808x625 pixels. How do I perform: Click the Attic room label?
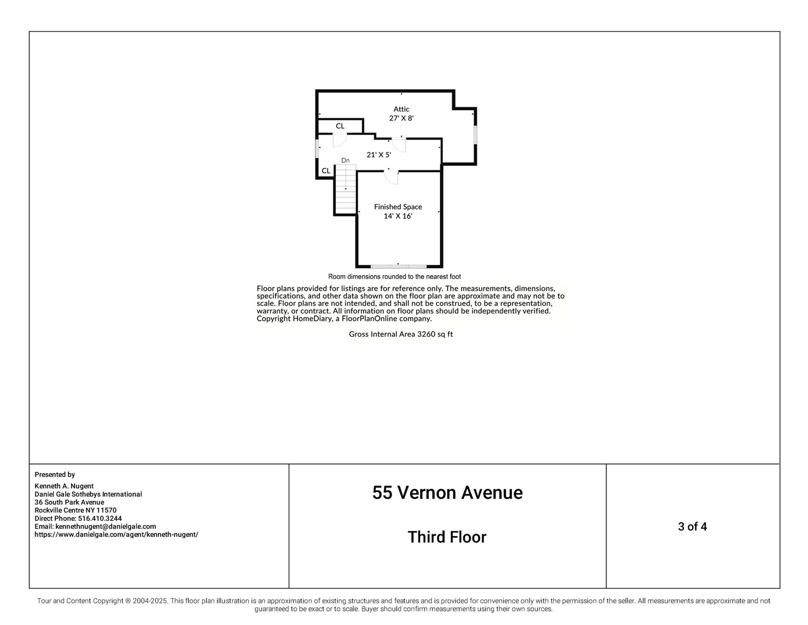(401, 109)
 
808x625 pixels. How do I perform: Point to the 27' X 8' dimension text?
(401, 118)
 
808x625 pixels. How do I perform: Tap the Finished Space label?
(398, 207)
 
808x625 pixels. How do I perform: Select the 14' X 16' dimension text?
(398, 216)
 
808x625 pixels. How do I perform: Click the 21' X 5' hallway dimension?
(379, 155)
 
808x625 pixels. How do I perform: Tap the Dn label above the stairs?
(345, 160)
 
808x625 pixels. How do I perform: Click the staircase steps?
(346, 189)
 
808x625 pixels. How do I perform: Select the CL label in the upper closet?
(340, 126)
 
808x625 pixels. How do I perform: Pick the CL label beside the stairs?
(326, 171)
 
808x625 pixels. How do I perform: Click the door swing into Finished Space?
(391, 178)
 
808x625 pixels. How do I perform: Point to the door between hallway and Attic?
(399, 145)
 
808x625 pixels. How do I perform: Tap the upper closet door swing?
(340, 140)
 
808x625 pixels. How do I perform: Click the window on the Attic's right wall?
(475, 135)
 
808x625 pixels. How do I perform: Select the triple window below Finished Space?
(398, 267)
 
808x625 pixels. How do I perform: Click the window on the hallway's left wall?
(317, 149)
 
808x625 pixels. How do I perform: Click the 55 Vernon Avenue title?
(447, 493)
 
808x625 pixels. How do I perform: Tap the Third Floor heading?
(447, 537)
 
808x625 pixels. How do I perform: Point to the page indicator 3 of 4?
(692, 527)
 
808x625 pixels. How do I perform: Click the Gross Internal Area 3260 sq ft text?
(401, 334)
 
